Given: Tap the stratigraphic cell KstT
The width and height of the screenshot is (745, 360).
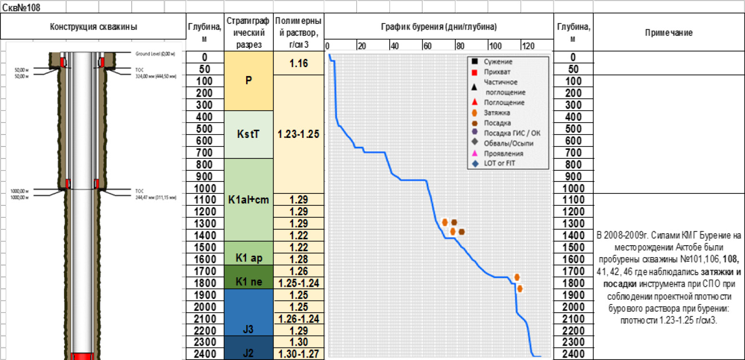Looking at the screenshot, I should (248, 135).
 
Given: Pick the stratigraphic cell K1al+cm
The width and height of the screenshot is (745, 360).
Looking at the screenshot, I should (248, 200).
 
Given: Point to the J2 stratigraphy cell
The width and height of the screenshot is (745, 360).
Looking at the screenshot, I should (248, 353).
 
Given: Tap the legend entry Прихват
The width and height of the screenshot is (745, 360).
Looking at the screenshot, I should (494, 72).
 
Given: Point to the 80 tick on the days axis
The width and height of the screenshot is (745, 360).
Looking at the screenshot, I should (460, 46).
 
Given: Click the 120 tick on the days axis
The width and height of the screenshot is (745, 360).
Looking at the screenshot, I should (528, 46).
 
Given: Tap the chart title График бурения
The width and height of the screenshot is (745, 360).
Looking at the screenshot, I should (439, 27).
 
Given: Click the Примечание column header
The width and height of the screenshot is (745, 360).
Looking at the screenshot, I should (668, 33).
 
